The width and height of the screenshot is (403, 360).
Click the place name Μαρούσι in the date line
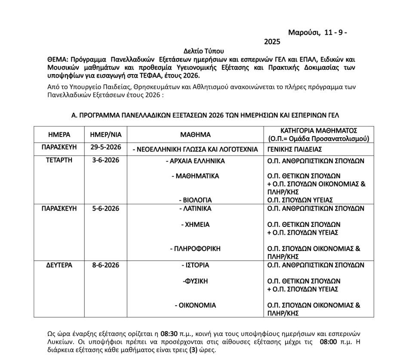(x=303, y=33)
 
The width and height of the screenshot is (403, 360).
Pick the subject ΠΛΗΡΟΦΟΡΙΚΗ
(x=197, y=248)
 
